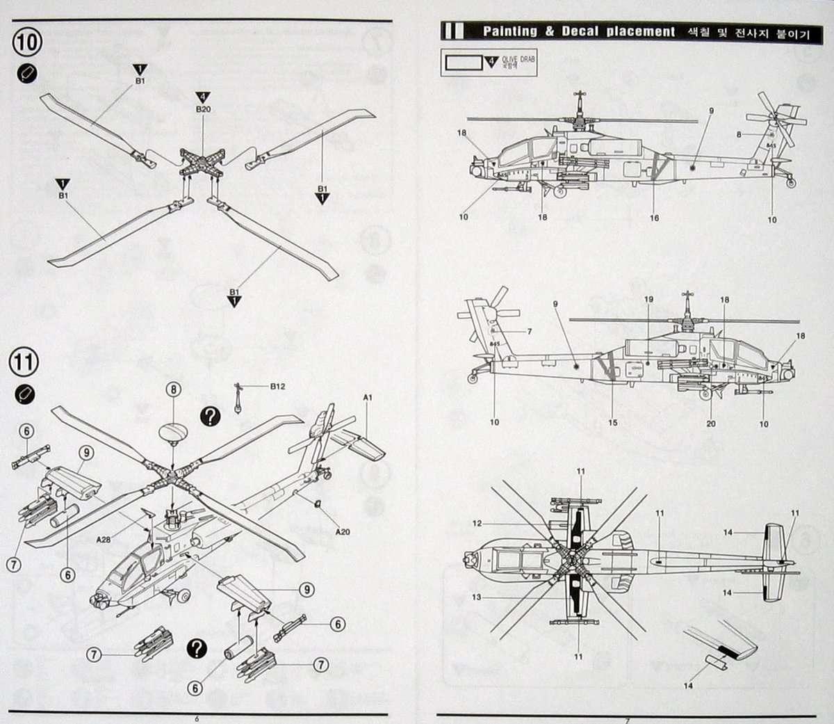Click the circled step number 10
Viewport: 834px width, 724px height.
click(28, 41)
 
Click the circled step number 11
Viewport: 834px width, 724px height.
click(24, 362)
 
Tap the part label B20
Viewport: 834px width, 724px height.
click(203, 109)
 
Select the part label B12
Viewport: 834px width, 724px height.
click(277, 386)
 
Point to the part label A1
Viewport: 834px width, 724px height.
click(368, 397)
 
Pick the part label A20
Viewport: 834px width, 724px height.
click(342, 532)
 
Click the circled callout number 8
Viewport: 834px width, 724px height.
click(173, 390)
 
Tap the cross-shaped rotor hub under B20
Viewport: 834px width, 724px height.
click(202, 164)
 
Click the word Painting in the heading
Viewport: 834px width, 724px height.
click(510, 31)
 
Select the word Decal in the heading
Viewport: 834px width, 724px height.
click(580, 31)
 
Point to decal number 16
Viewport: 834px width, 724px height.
click(654, 218)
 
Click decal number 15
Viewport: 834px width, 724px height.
click(612, 422)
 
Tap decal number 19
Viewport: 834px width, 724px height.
click(648, 300)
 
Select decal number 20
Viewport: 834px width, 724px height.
click(710, 424)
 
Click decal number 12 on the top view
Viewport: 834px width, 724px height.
click(477, 523)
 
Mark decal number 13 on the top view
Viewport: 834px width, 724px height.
click(477, 597)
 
